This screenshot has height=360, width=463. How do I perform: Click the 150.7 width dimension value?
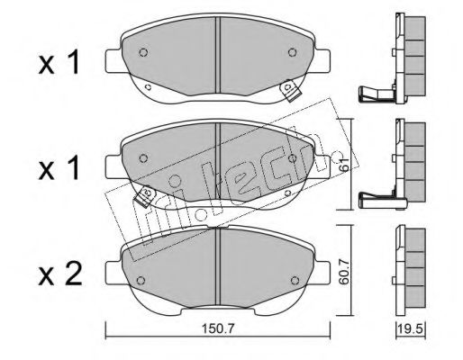click(x=217, y=328)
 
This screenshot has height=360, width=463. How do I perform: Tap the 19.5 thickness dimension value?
click(x=411, y=328)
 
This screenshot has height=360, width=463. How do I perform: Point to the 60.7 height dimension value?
click(x=345, y=272)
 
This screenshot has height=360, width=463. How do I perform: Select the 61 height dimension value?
click(x=345, y=164)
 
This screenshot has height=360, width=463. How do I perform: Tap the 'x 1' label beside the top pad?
click(x=59, y=62)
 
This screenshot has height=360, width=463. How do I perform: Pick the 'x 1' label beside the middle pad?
click(x=59, y=167)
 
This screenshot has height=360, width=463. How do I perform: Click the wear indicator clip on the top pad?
click(x=289, y=90)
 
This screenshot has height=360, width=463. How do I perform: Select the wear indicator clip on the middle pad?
click(x=145, y=195)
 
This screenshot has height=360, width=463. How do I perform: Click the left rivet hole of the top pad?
click(x=143, y=52)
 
